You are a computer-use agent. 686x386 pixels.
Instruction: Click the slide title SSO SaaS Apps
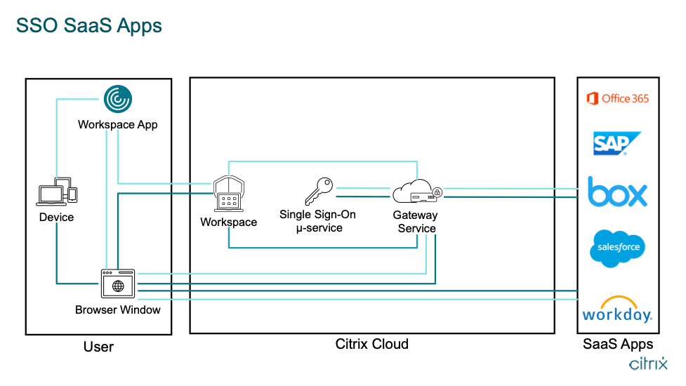(x=89, y=26)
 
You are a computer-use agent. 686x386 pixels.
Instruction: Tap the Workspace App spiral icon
(x=117, y=99)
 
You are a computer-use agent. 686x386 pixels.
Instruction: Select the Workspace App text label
(x=118, y=125)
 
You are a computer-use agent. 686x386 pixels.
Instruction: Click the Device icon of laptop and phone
(x=57, y=192)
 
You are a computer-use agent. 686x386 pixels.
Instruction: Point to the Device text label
(x=57, y=218)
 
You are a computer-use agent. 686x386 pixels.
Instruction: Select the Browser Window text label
(x=118, y=310)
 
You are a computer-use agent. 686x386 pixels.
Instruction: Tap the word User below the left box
(x=99, y=347)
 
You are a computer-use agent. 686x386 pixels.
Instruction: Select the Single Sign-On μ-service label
(x=317, y=221)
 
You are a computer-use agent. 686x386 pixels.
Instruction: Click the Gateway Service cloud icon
(x=416, y=192)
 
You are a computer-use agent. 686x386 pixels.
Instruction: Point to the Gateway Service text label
(x=416, y=222)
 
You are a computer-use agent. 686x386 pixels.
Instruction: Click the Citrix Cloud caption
(x=372, y=344)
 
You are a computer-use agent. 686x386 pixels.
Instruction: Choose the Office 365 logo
(x=618, y=98)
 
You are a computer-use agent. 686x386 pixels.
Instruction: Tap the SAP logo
(x=616, y=143)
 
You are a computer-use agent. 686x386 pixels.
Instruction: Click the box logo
(x=618, y=192)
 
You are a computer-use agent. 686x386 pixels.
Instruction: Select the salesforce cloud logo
(x=617, y=248)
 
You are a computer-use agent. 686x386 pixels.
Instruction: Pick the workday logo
(x=617, y=310)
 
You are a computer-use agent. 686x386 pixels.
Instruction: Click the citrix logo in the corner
(x=648, y=364)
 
